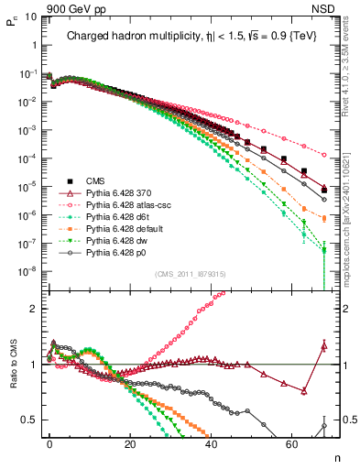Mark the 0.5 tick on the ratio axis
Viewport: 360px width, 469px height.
(33, 420)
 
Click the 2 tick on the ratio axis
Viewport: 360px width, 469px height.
(36, 309)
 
